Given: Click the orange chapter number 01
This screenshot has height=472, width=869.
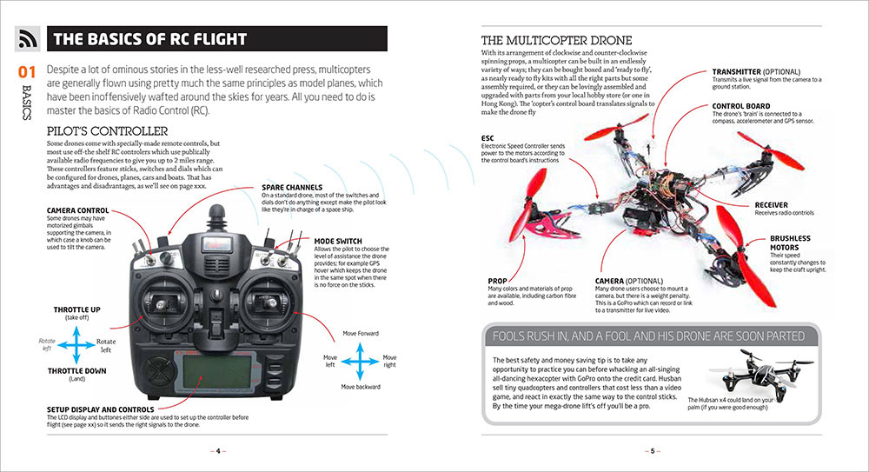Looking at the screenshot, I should pos(26,72).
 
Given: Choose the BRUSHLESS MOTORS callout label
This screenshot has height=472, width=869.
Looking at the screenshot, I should pos(790,243).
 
